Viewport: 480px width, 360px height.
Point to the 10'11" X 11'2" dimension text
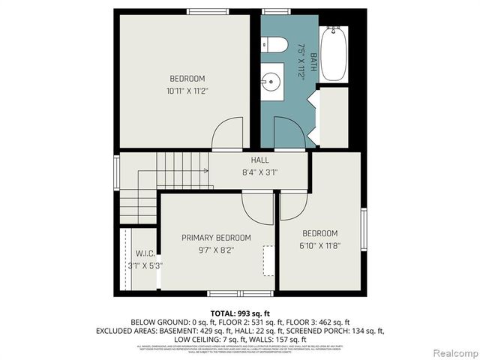tap(187, 91)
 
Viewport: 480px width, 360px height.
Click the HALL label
tap(259, 160)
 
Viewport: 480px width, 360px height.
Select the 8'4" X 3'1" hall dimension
tap(259, 172)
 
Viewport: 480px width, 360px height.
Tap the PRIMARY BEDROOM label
tap(217, 238)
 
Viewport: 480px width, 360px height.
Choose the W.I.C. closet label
tap(145, 253)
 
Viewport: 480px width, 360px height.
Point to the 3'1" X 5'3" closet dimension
tap(145, 265)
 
